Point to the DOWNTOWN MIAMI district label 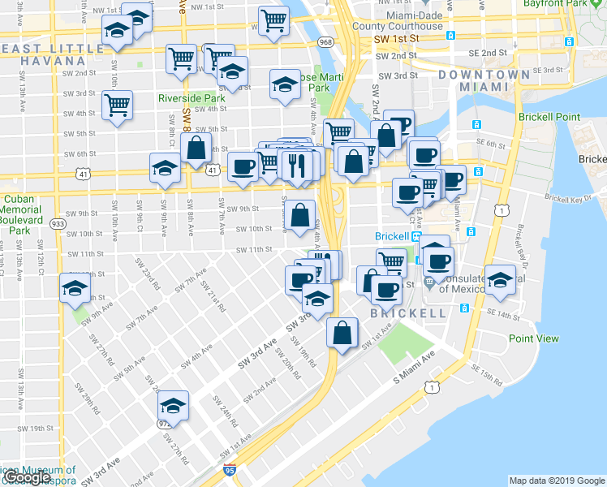pyautogui.click(x=478, y=80)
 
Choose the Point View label pyautogui.click(x=533, y=338)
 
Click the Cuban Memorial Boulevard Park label pyautogui.click(x=20, y=209)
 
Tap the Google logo pyautogui.click(x=26, y=477)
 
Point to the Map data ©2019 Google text pyautogui.click(x=556, y=481)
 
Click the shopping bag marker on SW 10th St pyautogui.click(x=299, y=216)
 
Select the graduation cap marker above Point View pyautogui.click(x=500, y=279)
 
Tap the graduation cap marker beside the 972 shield pyautogui.click(x=173, y=405)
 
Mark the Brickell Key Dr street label pyautogui.click(x=567, y=198)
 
